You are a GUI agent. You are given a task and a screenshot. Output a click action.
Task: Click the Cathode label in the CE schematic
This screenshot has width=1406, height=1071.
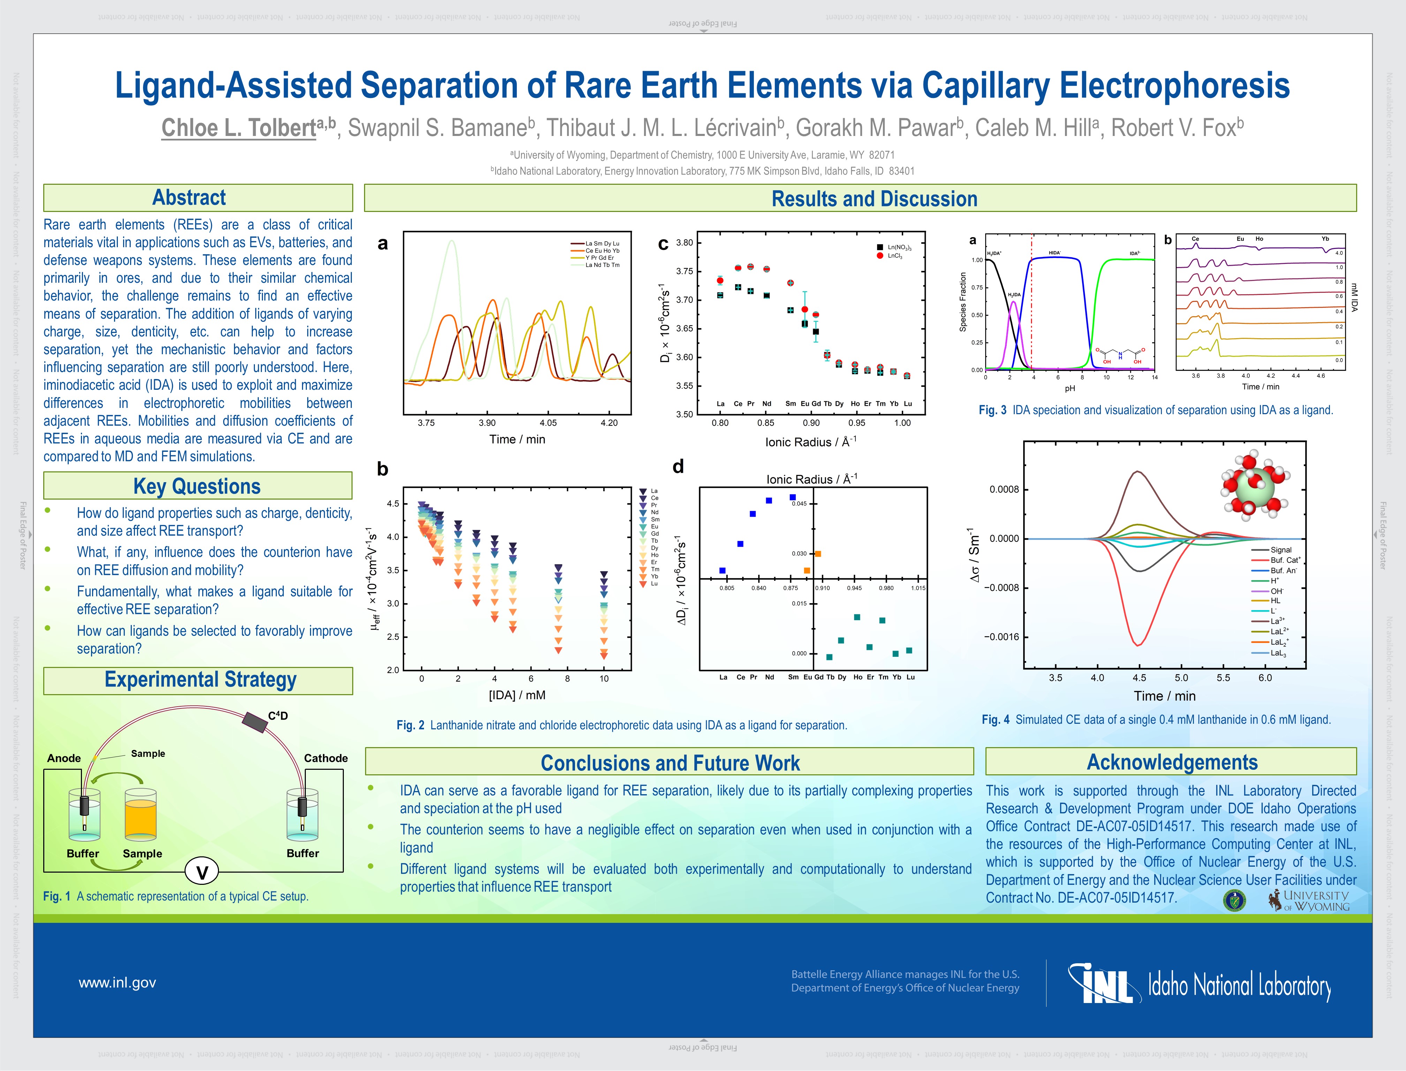pos(325,758)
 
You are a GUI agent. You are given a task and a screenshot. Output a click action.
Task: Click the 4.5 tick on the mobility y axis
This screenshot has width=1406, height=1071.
pos(393,504)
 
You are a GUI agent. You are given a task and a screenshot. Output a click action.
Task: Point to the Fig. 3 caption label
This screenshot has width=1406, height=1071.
pos(992,410)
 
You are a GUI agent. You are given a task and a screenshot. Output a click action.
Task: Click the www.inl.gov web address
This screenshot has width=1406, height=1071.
pos(117,982)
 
